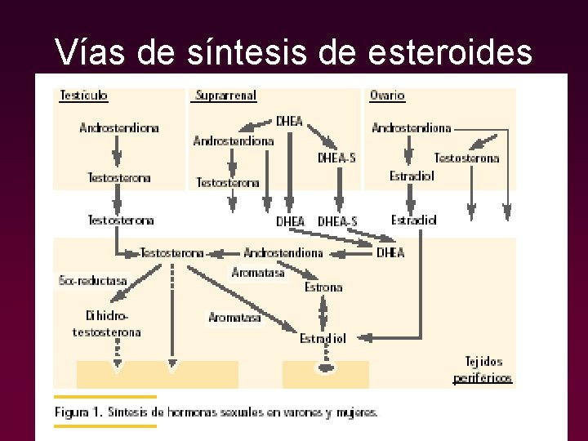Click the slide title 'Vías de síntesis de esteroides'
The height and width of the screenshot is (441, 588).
pos(293,52)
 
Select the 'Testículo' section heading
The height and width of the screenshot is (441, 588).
pos(84,96)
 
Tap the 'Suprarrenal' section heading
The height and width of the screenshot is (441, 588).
pos(226,96)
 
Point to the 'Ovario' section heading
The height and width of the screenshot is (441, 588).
pos(387,96)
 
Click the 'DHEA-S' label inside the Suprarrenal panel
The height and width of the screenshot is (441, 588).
pos(336,158)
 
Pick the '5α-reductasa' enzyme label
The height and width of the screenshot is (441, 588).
pos(93,280)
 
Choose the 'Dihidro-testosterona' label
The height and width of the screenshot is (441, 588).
pos(107,323)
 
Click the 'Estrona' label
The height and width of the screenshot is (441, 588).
pos(323,287)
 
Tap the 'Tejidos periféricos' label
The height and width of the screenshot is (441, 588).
pos(483,369)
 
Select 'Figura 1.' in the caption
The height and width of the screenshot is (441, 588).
pos(78,412)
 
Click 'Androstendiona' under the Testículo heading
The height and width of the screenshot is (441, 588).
pos(119,128)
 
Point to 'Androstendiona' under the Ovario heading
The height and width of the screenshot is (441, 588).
pos(412,128)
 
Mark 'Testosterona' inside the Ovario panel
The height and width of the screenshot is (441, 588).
pos(466,158)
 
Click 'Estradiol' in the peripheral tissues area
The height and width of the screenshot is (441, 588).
pos(323,338)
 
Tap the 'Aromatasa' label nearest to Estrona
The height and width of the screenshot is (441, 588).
pos(258,273)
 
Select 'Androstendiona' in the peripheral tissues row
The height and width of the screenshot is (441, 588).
pos(283,253)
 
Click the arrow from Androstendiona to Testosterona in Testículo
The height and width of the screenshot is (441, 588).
pos(118,152)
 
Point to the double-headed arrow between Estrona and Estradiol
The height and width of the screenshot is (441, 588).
pos(323,312)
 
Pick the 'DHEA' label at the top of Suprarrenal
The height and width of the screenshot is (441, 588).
pos(289,122)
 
